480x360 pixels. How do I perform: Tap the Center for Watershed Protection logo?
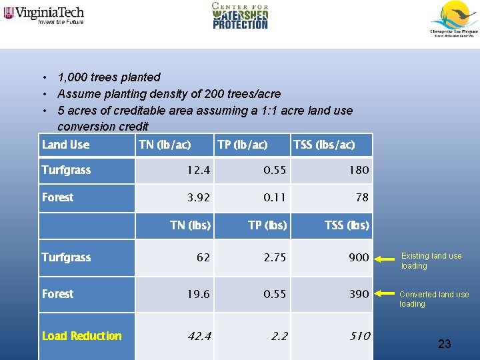[x=240, y=16]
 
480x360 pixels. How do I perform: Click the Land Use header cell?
[x=65, y=145]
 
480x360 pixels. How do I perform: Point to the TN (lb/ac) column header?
[x=165, y=145]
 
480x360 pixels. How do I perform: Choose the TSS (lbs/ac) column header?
[x=324, y=145]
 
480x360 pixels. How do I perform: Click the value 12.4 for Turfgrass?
[x=199, y=170]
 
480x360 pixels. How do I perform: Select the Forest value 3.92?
[x=199, y=197]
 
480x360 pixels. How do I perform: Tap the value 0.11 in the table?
[x=275, y=197]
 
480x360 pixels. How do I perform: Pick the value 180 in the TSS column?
[x=359, y=170]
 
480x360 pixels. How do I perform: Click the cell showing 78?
[x=362, y=197]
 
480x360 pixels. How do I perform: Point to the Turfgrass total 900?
[x=359, y=257]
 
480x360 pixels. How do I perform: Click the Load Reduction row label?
[x=81, y=336]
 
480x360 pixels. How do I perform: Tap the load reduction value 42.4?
[x=199, y=336]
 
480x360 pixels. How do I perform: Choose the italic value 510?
[x=359, y=336]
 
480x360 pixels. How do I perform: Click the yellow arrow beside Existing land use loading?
[x=387, y=257]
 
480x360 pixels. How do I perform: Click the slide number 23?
[x=445, y=344]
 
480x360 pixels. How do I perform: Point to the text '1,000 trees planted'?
[x=109, y=77]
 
